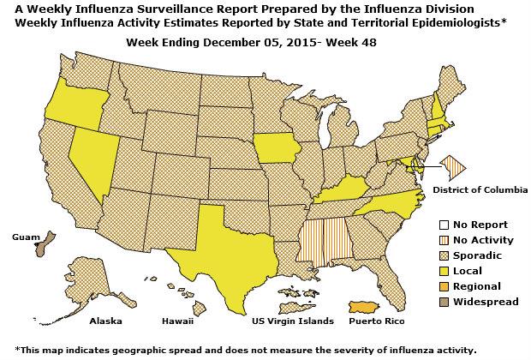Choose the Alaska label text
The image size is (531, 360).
(x=107, y=321)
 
